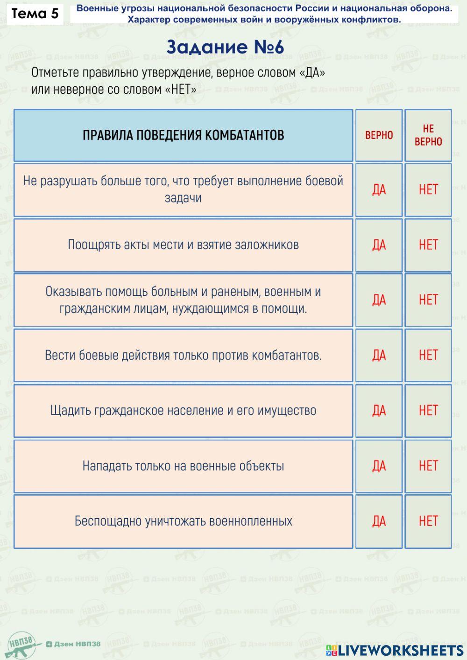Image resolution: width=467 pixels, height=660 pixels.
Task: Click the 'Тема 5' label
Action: [x=35, y=14]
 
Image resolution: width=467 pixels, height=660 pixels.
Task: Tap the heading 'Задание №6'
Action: [x=225, y=47]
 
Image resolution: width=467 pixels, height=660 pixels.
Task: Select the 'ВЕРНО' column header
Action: [x=379, y=135]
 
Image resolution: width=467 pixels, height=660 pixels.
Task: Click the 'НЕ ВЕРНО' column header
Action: [x=428, y=135]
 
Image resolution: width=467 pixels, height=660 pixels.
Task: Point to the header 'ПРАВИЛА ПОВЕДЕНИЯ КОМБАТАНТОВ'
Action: [x=183, y=135]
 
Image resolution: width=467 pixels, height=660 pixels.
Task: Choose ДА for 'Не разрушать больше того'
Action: [x=379, y=190]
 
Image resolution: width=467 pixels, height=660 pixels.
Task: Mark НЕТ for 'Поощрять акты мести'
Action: [x=428, y=245]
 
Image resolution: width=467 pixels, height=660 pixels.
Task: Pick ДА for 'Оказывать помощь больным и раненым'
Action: [x=379, y=300]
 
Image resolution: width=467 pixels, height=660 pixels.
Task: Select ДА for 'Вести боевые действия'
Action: [x=379, y=355]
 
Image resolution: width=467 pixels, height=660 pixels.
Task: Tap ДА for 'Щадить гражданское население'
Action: [x=379, y=411]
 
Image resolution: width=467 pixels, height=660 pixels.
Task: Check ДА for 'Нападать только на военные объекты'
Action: [x=379, y=466]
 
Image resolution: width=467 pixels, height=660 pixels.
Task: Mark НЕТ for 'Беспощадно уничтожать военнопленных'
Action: [x=428, y=521]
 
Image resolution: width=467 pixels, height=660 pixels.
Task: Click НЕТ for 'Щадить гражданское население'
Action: [x=428, y=411]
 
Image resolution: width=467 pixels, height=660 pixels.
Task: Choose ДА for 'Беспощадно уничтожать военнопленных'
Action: [x=379, y=521]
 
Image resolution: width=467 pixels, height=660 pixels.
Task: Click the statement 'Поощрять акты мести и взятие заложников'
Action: [x=183, y=245]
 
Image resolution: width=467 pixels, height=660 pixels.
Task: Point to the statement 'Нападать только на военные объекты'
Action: [x=183, y=466]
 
